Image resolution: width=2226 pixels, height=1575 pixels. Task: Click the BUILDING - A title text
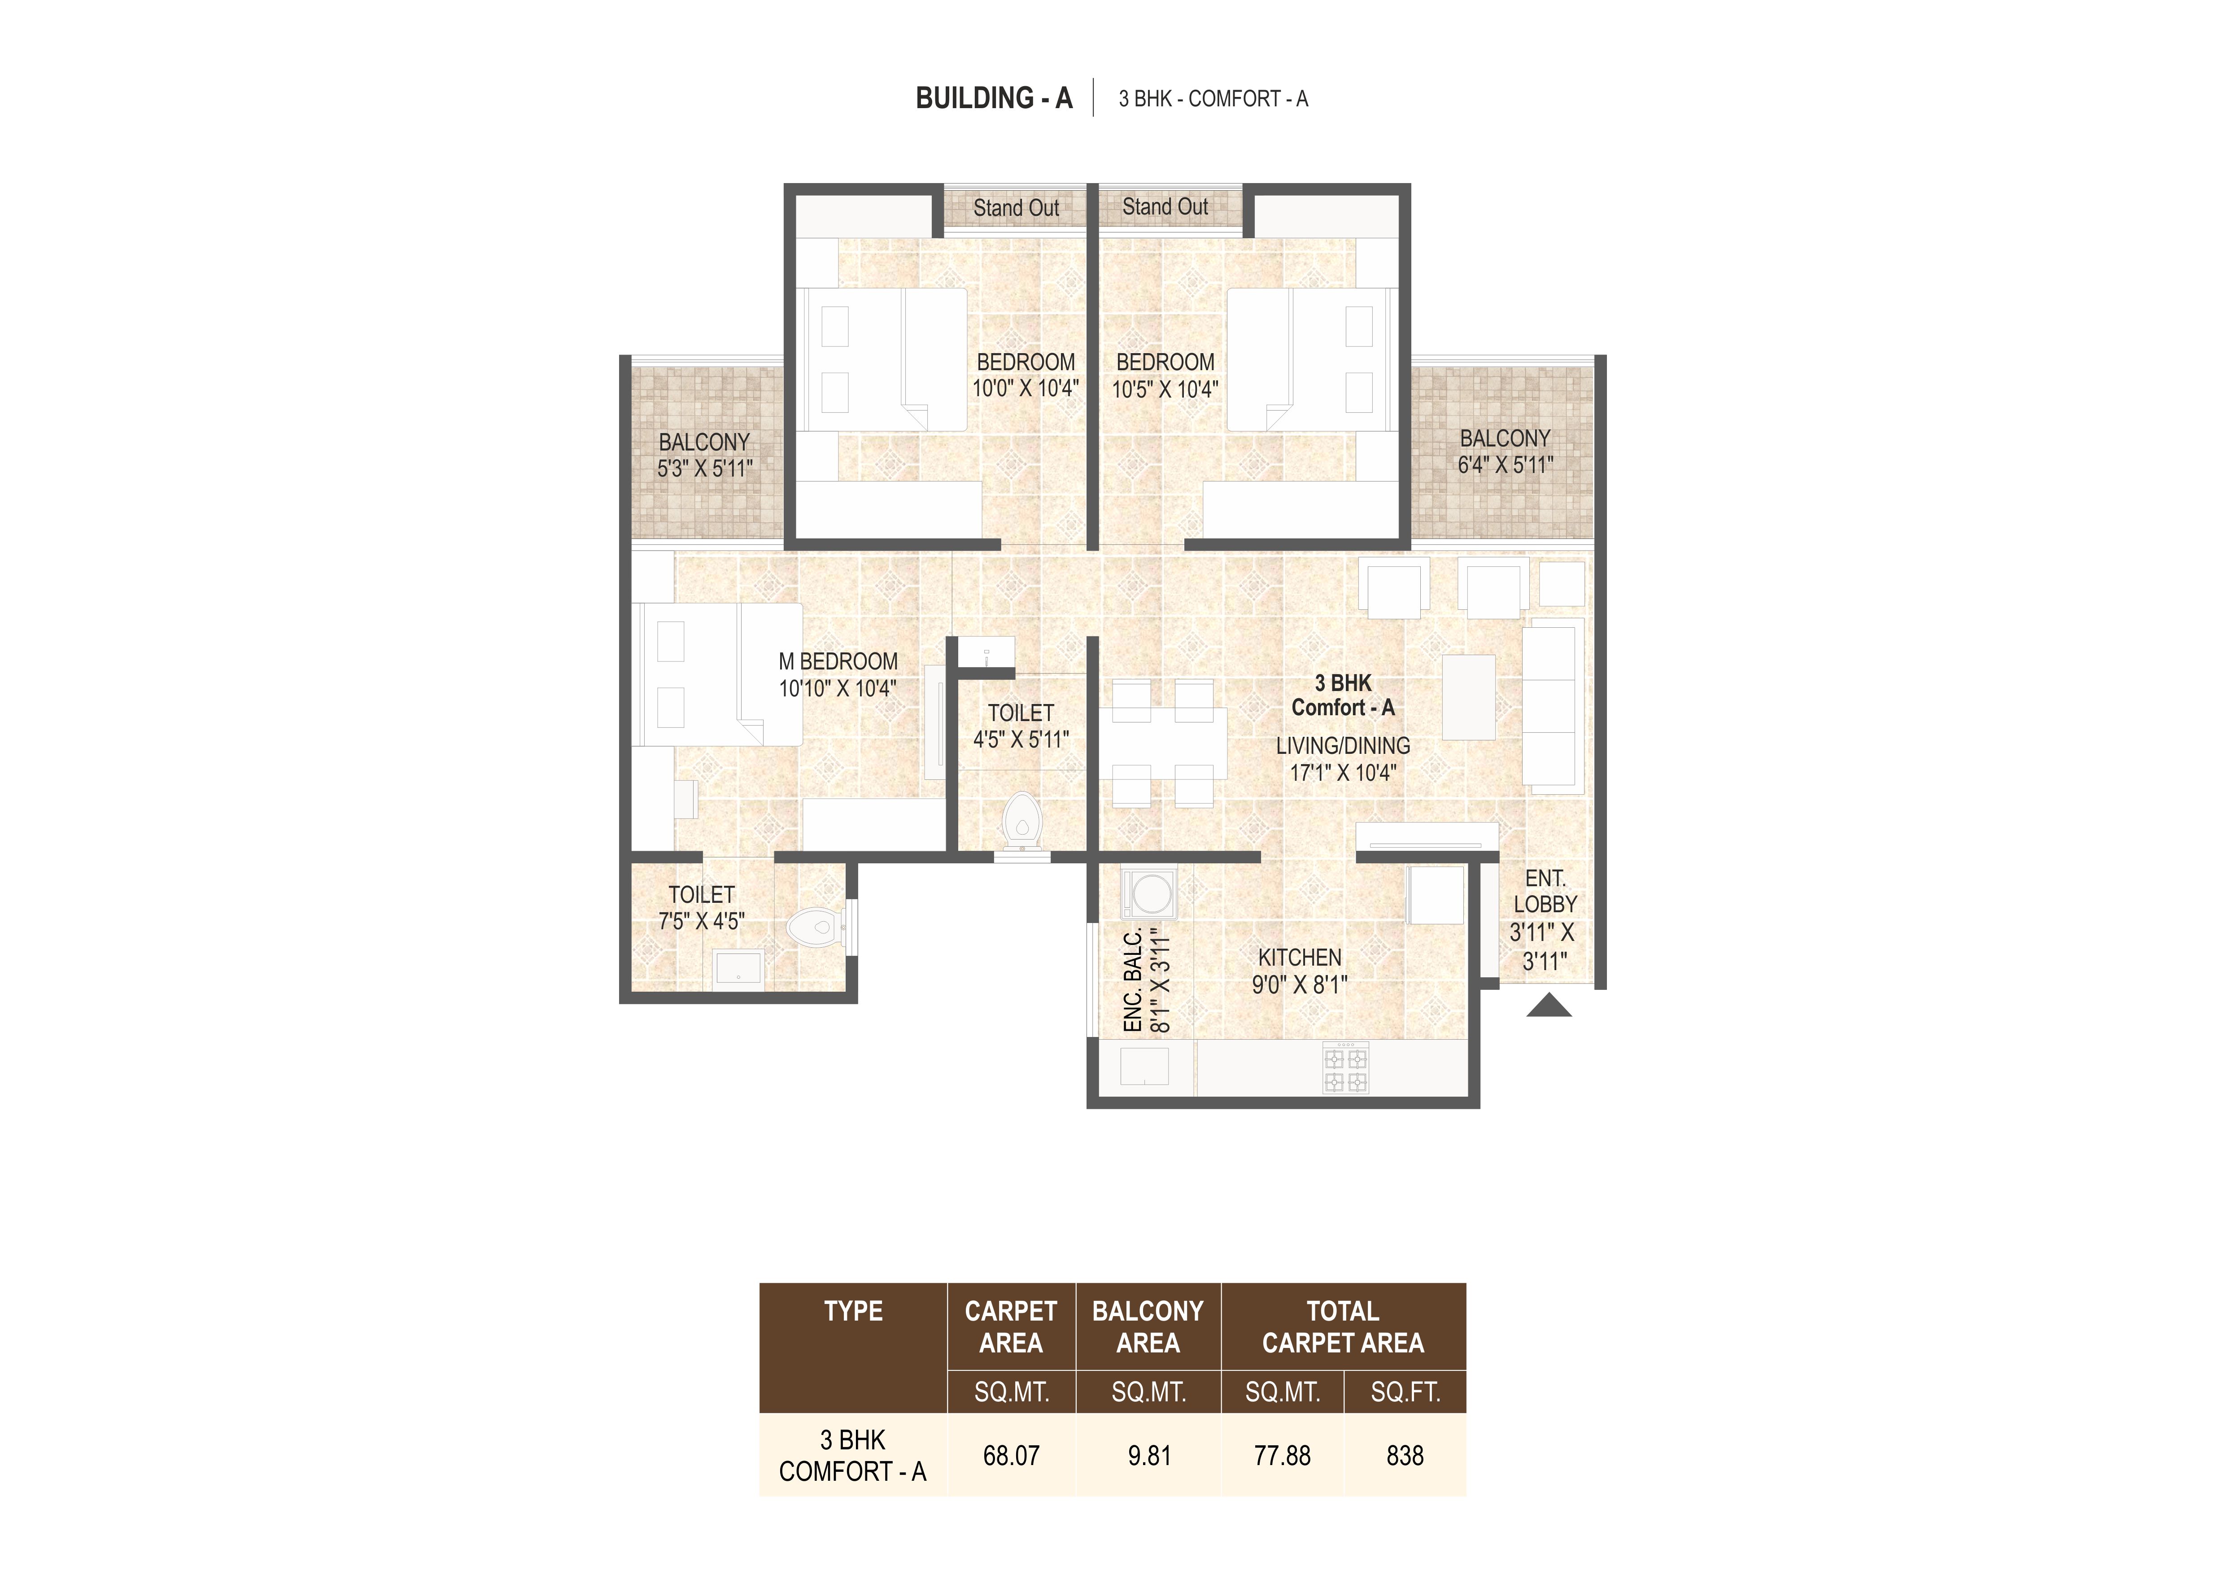994,98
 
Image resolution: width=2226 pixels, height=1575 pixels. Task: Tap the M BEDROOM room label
838,661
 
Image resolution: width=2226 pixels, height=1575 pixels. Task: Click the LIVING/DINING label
1343,746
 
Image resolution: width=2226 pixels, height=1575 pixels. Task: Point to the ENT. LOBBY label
1545,891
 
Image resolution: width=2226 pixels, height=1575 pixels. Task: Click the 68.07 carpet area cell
1011,1456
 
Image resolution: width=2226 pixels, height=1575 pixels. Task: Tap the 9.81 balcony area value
1149,1456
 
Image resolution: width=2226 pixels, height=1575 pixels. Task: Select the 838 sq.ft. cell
1405,1456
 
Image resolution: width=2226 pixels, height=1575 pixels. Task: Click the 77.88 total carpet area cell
1282,1456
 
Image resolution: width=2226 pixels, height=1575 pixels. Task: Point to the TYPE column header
853,1311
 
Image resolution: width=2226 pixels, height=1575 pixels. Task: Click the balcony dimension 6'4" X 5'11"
1505,464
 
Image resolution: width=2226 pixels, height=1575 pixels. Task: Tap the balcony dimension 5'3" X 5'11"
705,468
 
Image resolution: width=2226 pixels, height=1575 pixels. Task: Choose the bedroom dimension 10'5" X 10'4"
1165,389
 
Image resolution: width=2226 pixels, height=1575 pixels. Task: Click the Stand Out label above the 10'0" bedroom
1016,208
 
